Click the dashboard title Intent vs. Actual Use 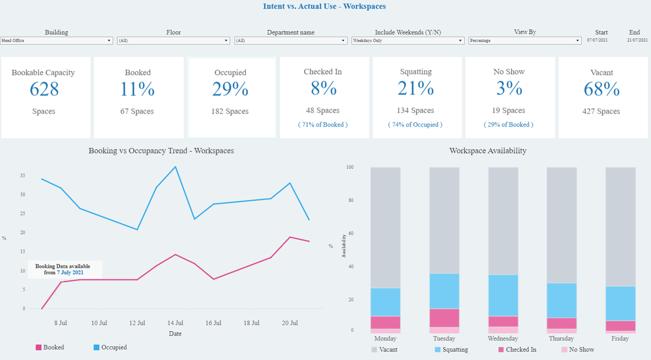pyautogui.click(x=324, y=7)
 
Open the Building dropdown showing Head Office pyautogui.click(x=56, y=41)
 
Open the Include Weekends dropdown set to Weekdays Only pyautogui.click(x=408, y=41)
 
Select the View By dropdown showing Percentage pyautogui.click(x=525, y=41)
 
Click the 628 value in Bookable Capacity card pyautogui.click(x=44, y=89)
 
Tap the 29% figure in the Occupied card pyautogui.click(x=230, y=89)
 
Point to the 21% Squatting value pyautogui.click(x=416, y=88)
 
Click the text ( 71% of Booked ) pyautogui.click(x=323, y=125)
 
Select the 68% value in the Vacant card pyautogui.click(x=602, y=89)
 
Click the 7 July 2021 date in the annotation pyautogui.click(x=70, y=272)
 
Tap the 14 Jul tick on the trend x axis pyautogui.click(x=175, y=323)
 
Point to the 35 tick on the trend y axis pyautogui.click(x=22, y=175)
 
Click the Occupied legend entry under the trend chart pyautogui.click(x=110, y=348)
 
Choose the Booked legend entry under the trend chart pyautogui.click(x=50, y=348)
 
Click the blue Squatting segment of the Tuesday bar pyautogui.click(x=444, y=291)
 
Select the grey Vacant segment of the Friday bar pyautogui.click(x=620, y=226)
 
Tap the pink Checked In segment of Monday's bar pyautogui.click(x=385, y=322)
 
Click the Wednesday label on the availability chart pyautogui.click(x=503, y=339)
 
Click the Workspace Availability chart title pyautogui.click(x=487, y=151)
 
